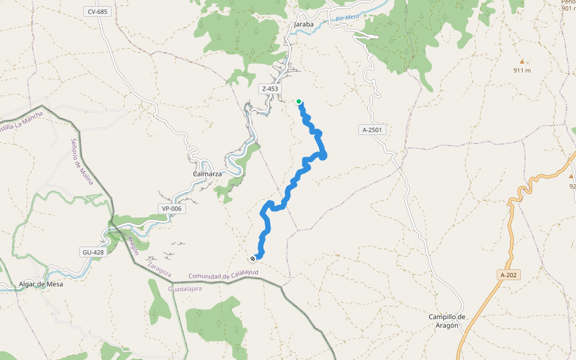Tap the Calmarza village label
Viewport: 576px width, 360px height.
[x=207, y=174]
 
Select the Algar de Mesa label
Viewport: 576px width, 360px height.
[x=41, y=284]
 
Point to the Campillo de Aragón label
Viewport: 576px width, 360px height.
[x=448, y=321]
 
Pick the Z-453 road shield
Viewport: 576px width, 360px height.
[x=270, y=89]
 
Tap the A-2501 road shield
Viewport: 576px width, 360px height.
[x=371, y=130]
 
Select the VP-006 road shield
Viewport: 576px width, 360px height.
[x=171, y=209]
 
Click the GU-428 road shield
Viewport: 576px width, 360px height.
[x=92, y=252]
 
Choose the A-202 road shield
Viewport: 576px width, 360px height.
[x=508, y=275]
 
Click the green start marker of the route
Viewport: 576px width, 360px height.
[x=299, y=101]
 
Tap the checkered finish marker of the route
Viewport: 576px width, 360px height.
[x=253, y=259]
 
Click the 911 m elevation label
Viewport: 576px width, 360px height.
[x=522, y=70]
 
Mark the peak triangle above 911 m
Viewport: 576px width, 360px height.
[x=521, y=61]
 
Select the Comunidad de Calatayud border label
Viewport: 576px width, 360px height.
[x=223, y=275]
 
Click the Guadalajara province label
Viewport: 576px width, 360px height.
[x=185, y=289]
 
